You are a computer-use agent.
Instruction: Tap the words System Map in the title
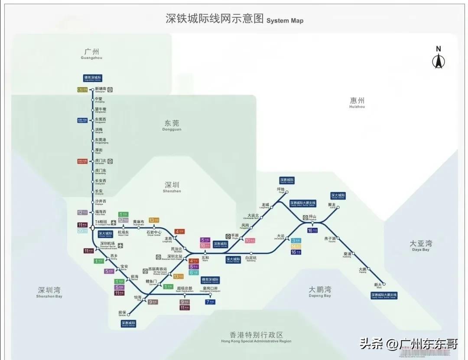point(285,20)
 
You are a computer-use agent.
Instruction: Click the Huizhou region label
point(357,102)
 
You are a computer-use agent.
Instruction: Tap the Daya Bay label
point(420,245)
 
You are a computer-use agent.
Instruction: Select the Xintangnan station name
point(100,89)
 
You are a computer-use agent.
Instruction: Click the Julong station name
point(332,205)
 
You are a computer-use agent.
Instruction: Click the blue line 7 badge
point(210,302)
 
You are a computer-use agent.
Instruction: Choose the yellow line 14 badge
point(296,246)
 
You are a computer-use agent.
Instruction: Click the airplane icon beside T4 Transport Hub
point(113,223)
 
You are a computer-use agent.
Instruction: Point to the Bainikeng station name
point(251,259)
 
